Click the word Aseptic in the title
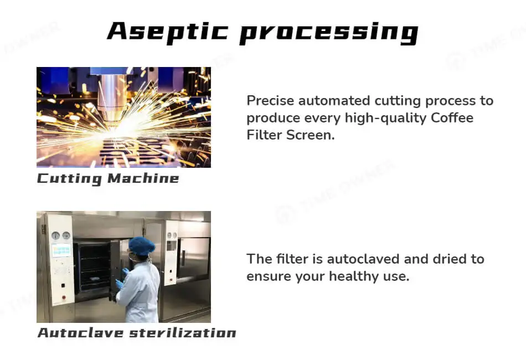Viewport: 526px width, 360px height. (x=167, y=32)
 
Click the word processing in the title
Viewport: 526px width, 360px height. (x=329, y=33)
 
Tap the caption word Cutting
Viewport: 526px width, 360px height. (x=69, y=179)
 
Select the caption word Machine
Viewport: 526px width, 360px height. (x=143, y=178)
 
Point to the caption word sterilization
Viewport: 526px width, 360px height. (x=183, y=333)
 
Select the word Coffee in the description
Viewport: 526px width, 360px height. (x=452, y=118)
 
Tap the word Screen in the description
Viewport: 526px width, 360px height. (x=310, y=135)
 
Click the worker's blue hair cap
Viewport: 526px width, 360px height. (x=142, y=246)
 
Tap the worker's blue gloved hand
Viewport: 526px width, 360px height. (x=120, y=284)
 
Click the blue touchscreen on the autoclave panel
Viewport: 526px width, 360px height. (x=61, y=250)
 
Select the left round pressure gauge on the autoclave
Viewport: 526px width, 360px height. (x=56, y=235)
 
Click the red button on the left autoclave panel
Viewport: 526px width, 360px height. (x=64, y=297)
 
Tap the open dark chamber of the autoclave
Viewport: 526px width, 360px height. (x=94, y=267)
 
